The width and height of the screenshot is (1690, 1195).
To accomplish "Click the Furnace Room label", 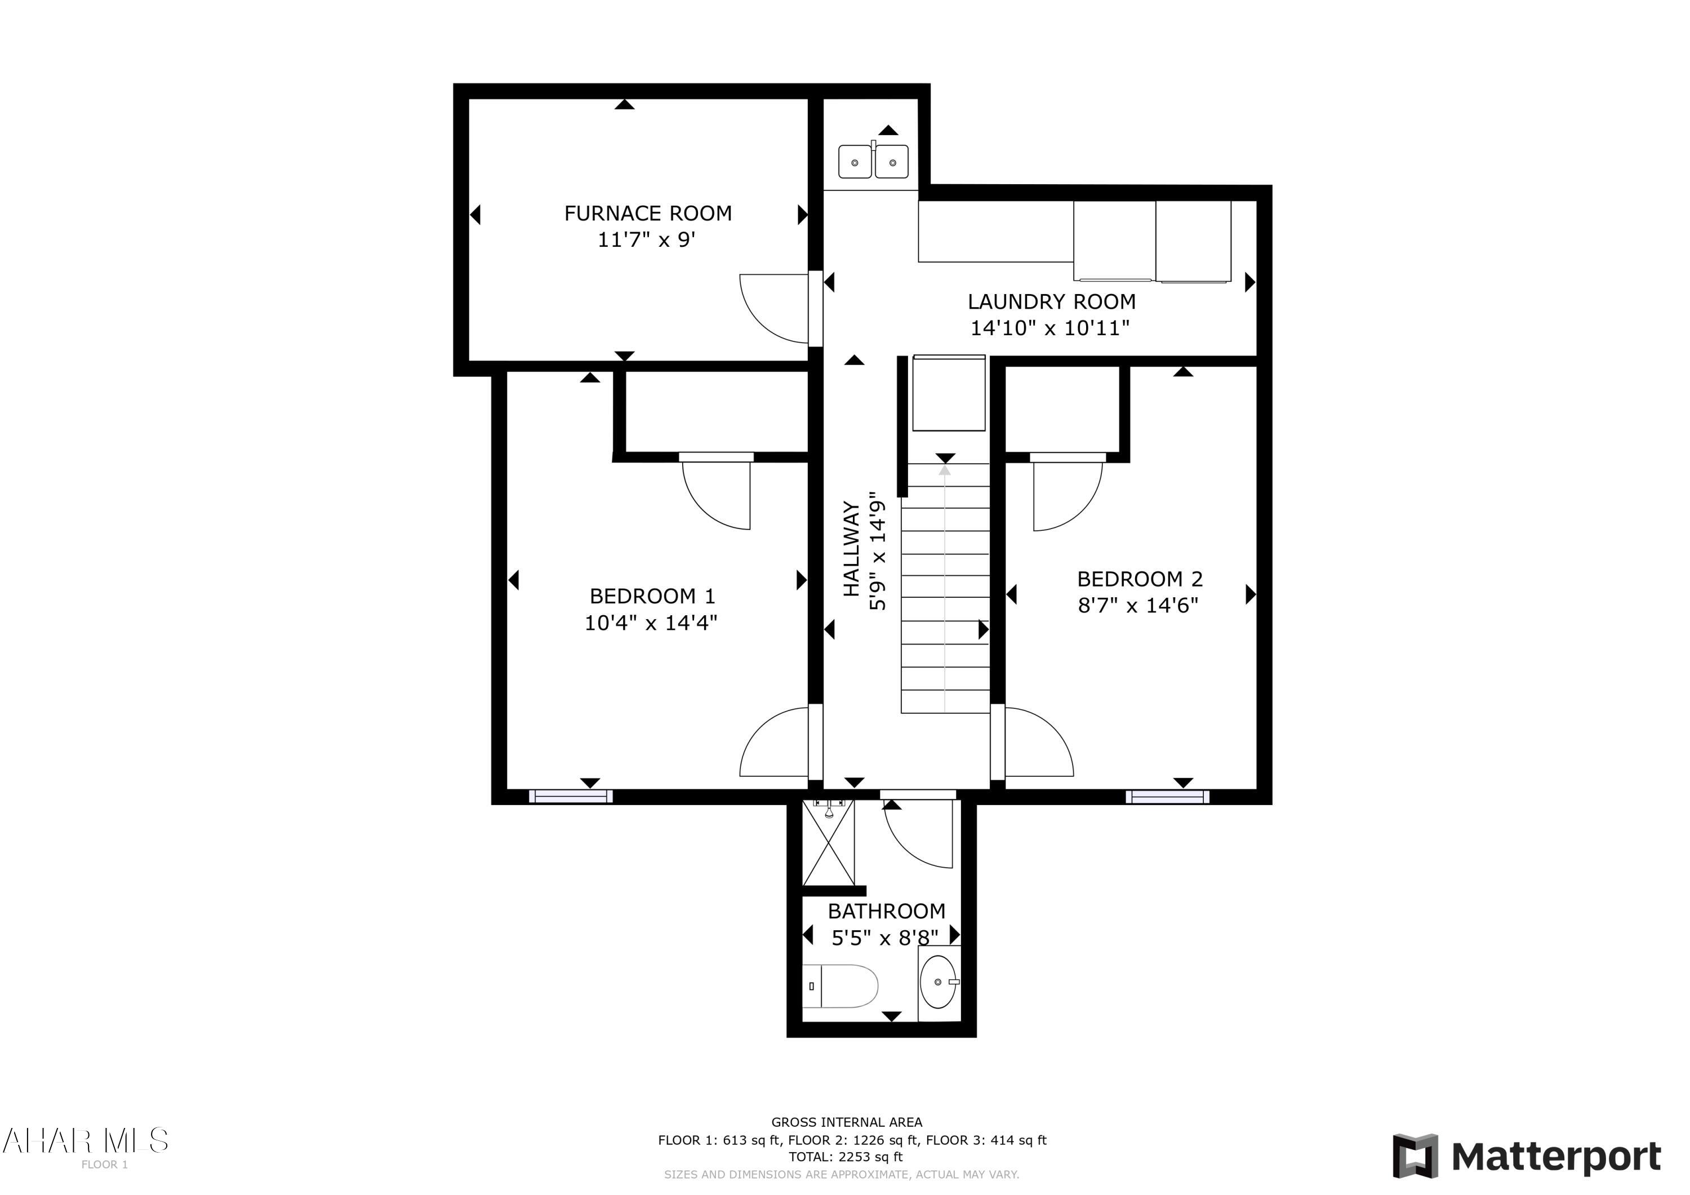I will point(648,214).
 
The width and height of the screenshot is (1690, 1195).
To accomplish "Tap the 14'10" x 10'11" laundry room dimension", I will point(1049,328).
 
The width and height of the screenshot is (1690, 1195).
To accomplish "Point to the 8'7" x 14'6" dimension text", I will point(1138,605).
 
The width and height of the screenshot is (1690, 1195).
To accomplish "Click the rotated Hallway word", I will point(852,549).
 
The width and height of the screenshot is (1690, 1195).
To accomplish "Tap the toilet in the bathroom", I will point(840,986).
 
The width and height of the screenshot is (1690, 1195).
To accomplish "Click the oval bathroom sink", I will point(939,982).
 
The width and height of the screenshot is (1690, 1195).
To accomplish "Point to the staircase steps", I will point(945,589).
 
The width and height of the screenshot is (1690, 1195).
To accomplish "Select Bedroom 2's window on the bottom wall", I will point(1167,796).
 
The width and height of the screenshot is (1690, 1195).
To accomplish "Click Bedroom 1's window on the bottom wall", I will point(571,796).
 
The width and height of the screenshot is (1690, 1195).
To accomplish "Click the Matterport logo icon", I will point(1415,1156).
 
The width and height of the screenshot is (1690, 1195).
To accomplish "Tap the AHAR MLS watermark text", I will point(86,1140).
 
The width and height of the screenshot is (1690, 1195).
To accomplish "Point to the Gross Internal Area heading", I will point(847,1122).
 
